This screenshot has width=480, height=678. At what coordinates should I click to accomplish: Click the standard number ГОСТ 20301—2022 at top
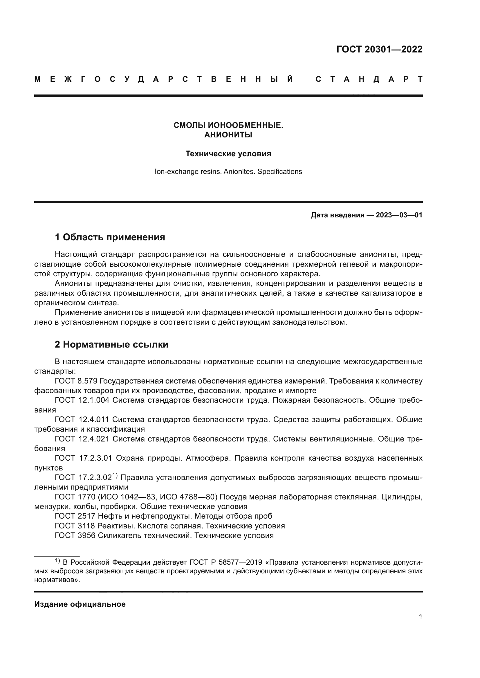(379, 49)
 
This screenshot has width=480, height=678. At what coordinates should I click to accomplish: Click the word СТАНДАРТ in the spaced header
(369, 79)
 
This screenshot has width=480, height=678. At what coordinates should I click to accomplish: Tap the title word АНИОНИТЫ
(228, 135)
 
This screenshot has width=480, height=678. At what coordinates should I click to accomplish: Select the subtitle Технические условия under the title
(228, 154)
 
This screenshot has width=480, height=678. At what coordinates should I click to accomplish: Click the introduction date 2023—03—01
(399, 215)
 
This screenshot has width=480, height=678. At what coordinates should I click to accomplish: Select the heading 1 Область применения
(110, 237)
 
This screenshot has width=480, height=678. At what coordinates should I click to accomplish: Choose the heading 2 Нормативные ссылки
(111, 344)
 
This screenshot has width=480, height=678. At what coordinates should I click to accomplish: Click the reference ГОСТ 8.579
(76, 381)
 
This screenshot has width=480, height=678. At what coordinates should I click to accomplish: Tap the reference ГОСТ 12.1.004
(82, 400)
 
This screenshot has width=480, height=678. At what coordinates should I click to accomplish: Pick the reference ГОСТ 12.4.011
(82, 419)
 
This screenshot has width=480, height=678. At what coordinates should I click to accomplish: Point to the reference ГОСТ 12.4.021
(82, 439)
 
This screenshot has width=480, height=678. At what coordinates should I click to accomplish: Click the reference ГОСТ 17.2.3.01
(83, 458)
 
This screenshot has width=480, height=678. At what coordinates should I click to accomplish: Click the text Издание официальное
(80, 604)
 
